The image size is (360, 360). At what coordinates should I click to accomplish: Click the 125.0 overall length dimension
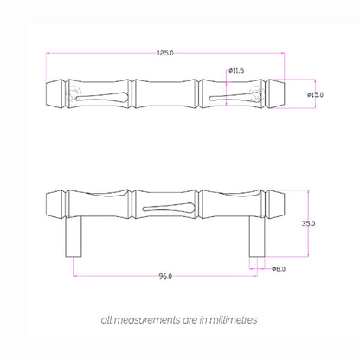click(165, 53)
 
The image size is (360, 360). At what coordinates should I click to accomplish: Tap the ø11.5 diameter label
click(236, 71)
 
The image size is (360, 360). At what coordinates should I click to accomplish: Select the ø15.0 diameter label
click(316, 93)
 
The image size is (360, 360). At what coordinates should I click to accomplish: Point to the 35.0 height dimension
click(309, 223)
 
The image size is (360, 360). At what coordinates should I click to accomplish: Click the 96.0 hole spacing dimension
click(165, 276)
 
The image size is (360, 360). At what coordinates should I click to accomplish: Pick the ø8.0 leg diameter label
click(279, 269)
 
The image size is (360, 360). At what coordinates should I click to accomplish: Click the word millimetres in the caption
click(228, 319)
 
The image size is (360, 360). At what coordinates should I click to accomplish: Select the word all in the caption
click(106, 319)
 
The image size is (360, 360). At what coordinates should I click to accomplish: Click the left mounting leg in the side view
click(75, 237)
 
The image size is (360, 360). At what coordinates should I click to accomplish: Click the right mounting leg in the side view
click(257, 237)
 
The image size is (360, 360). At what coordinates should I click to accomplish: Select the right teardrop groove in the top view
click(228, 94)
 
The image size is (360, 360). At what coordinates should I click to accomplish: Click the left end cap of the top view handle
click(54, 93)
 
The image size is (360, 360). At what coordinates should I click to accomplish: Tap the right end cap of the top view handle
click(277, 93)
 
